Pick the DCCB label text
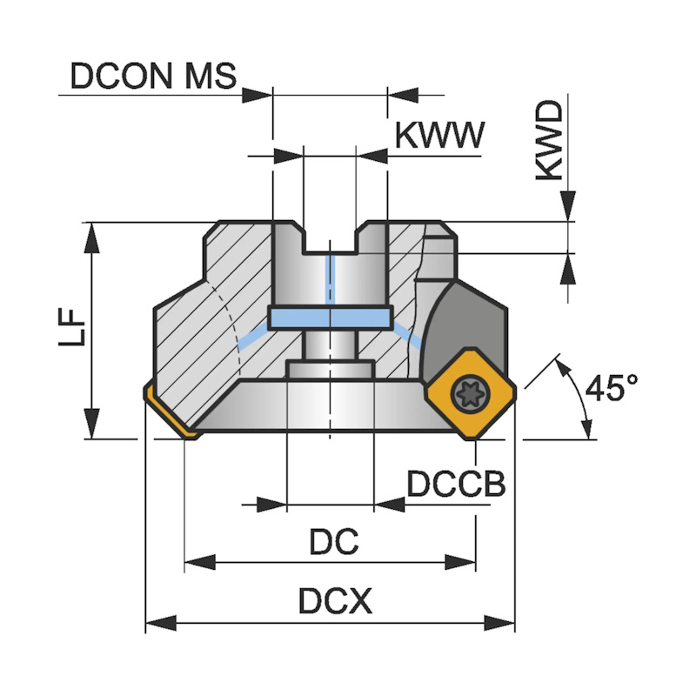click(x=456, y=483)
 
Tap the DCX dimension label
click(x=334, y=600)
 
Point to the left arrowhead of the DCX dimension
click(x=157, y=622)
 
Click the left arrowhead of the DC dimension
click(x=197, y=563)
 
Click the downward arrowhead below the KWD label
click(x=567, y=209)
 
